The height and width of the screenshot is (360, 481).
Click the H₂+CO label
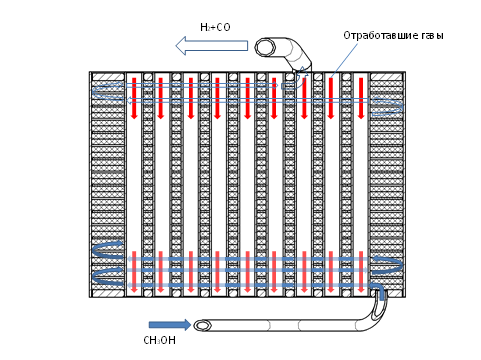215,27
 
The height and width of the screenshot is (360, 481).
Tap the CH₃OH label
159,340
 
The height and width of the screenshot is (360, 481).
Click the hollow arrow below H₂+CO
212,46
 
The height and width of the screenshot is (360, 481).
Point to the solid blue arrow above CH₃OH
170,324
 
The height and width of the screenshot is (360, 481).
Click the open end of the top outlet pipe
266,47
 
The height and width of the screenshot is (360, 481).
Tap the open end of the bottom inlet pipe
202,325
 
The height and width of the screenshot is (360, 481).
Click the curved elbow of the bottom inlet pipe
376,313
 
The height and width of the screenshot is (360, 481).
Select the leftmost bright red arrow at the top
134,98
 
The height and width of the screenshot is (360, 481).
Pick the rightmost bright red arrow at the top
361,98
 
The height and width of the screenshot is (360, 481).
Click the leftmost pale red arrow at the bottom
134,272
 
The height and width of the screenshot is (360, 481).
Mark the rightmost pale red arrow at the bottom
361,272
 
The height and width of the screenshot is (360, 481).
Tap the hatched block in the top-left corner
108,77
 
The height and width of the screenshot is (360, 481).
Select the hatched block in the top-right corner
387,77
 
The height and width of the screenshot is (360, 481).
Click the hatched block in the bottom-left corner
108,293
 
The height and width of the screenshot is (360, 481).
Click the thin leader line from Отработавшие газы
345,58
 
